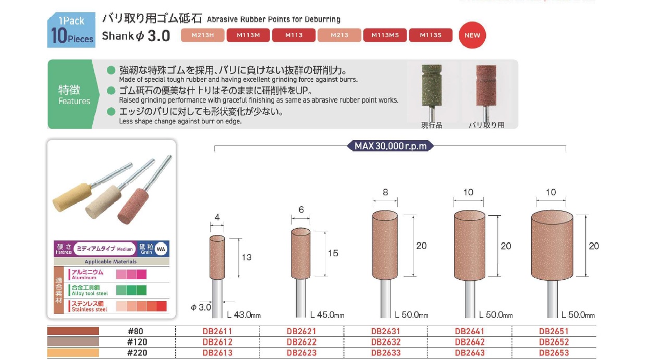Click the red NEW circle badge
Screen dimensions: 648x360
[x=472, y=35]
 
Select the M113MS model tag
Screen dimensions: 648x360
[x=385, y=35]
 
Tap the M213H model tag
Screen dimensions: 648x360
[x=202, y=35]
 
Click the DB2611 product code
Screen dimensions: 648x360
[x=217, y=331]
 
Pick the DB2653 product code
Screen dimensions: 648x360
[x=554, y=353]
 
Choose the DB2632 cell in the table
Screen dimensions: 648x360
[x=386, y=342]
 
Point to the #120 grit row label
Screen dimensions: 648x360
[x=137, y=342]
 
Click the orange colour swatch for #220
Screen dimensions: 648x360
[x=73, y=353]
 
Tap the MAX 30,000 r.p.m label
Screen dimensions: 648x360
[x=390, y=146]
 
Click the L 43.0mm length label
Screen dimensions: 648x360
[x=244, y=315]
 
